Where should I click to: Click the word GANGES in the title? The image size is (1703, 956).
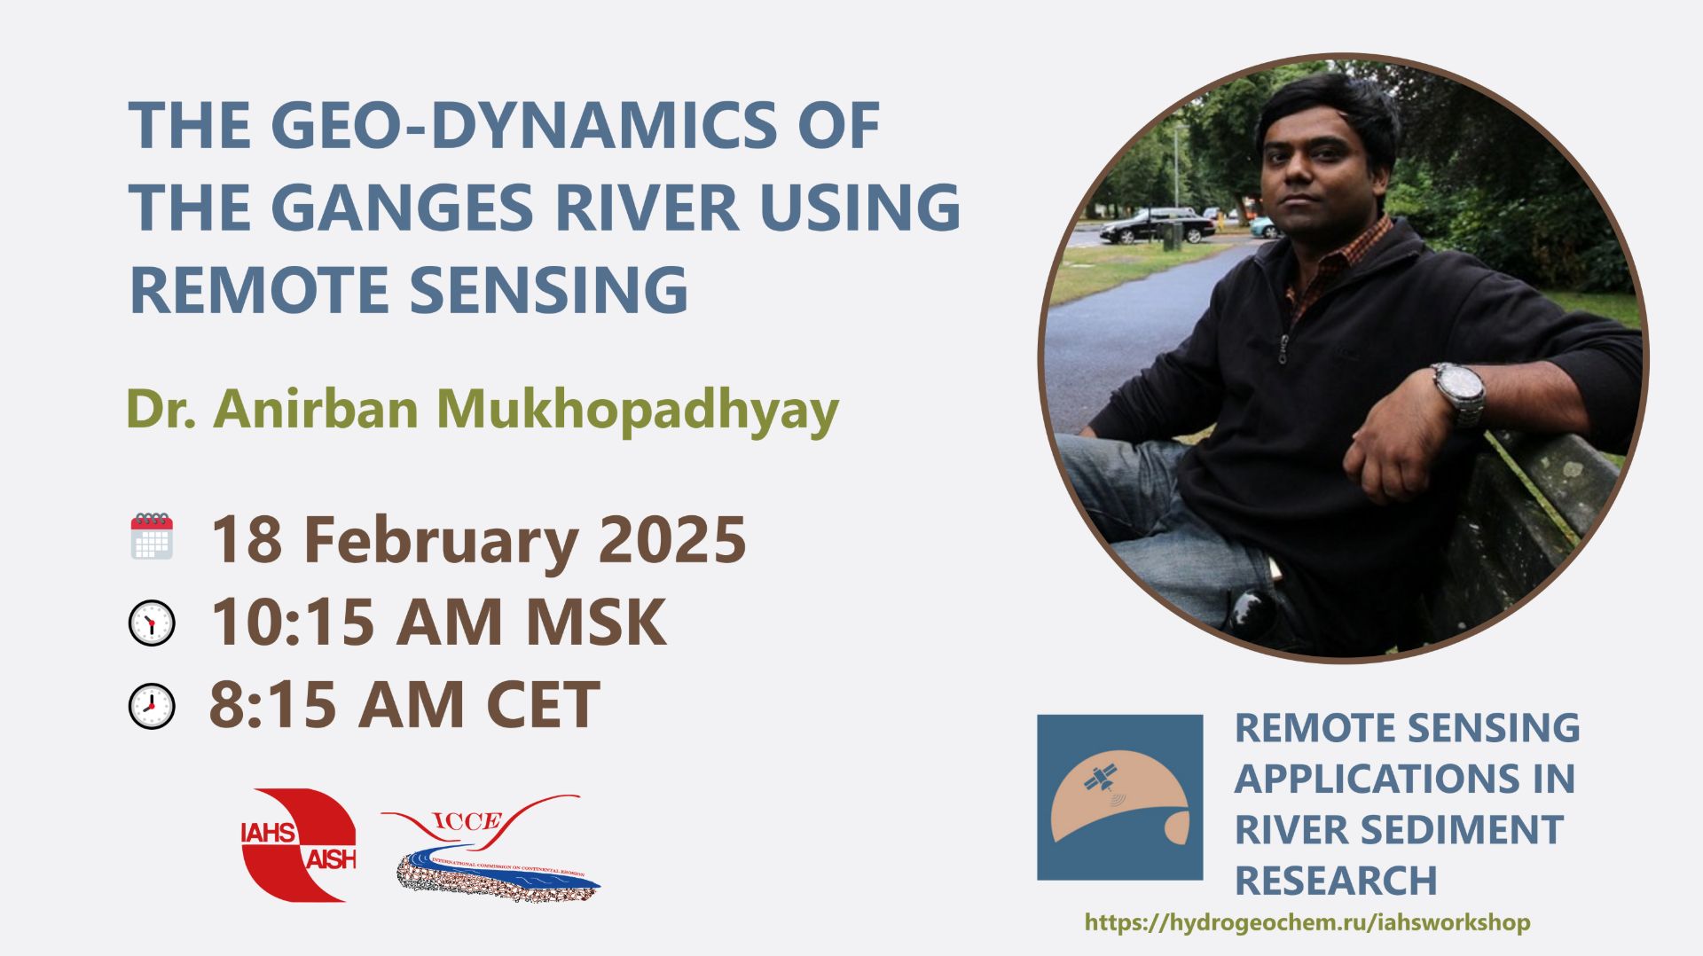point(401,208)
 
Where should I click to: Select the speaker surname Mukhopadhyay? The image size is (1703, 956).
point(637,410)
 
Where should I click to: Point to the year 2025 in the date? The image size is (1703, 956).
point(671,539)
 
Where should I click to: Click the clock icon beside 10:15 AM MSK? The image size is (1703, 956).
point(152,623)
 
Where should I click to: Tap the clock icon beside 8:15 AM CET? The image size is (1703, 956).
point(152,706)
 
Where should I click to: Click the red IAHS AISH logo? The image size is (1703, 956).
point(298,844)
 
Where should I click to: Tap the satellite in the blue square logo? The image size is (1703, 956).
point(1102,778)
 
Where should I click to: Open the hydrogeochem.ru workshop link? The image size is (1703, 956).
point(1307,922)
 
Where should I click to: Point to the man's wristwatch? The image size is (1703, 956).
point(1457,392)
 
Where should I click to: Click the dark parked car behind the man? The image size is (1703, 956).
point(1154,226)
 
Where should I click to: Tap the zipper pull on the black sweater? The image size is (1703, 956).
point(1283,349)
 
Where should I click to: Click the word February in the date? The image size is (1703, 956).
point(440,539)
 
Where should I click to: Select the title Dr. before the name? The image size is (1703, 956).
point(161,410)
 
